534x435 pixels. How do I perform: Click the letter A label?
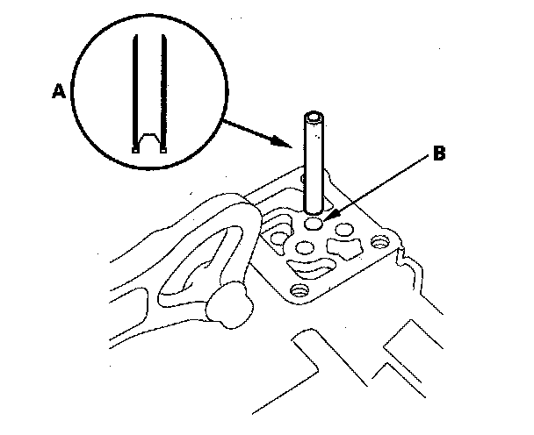click(59, 90)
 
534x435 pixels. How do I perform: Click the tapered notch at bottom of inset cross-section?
click(148, 140)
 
